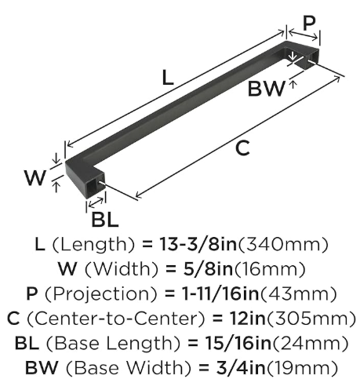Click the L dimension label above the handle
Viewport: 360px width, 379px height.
click(x=168, y=78)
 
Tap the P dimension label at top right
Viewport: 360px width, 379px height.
click(x=309, y=23)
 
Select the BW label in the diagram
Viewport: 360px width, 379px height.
click(x=266, y=89)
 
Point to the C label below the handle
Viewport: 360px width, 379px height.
click(x=242, y=148)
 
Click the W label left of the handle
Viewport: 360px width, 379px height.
click(x=35, y=177)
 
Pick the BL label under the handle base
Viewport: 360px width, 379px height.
click(x=105, y=219)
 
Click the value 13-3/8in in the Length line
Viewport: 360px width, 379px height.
click(x=198, y=244)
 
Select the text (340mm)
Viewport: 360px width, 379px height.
click(x=282, y=245)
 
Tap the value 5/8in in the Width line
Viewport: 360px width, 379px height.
click(x=208, y=269)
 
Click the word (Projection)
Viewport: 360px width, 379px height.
click(x=101, y=294)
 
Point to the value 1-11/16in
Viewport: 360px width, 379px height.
click(x=220, y=293)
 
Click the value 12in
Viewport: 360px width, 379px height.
click(x=247, y=319)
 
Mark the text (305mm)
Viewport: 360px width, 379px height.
click(x=310, y=319)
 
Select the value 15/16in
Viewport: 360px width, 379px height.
click(x=238, y=343)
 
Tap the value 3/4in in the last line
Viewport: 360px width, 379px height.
click(x=240, y=367)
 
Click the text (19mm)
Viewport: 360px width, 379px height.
click(x=301, y=368)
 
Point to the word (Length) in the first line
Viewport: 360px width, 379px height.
click(x=93, y=245)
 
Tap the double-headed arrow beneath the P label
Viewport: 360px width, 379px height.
click(x=304, y=35)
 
